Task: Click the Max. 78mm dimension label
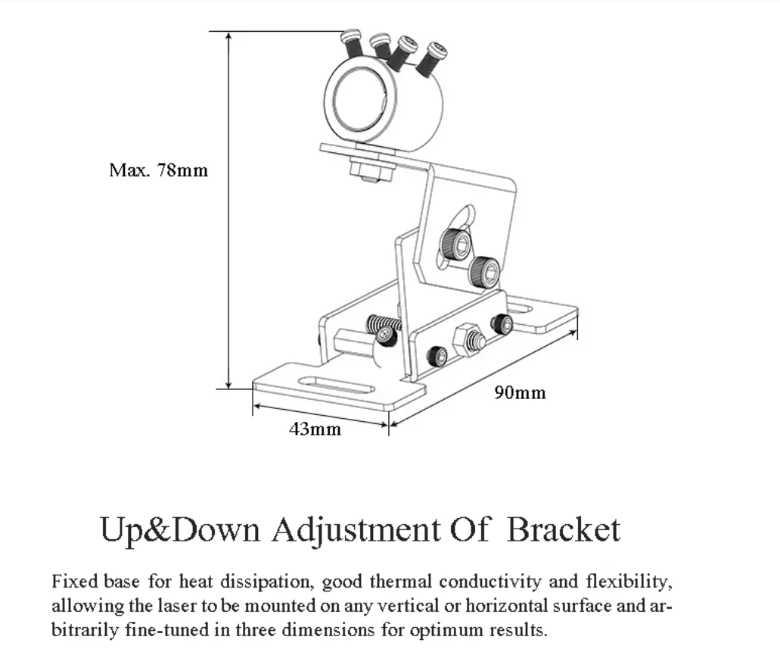click(x=157, y=170)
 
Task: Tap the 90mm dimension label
click(x=520, y=392)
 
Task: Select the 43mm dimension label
click(x=315, y=429)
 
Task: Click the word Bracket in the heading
click(x=563, y=529)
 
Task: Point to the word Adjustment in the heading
click(x=356, y=530)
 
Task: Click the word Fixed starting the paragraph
click(x=73, y=582)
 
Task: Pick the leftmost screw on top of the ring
click(x=351, y=42)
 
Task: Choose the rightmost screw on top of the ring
click(x=433, y=57)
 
